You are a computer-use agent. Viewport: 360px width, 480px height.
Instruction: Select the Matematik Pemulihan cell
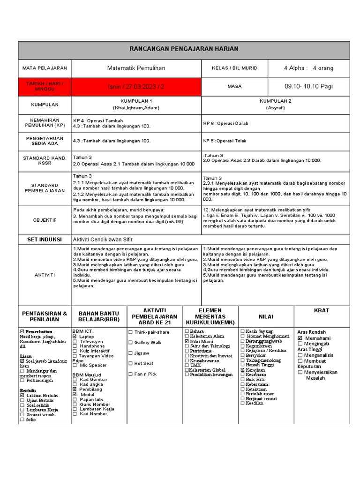pyautogui.click(x=136, y=68)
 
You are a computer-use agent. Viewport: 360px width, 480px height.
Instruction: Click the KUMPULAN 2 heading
pyautogui.click(x=276, y=101)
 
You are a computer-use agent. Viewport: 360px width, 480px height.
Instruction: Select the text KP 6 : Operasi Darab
pyautogui.click(x=225, y=123)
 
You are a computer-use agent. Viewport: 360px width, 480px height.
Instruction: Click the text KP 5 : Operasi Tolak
pyautogui.click(x=225, y=141)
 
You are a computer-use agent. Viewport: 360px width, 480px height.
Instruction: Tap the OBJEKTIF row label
pyautogui.click(x=45, y=219)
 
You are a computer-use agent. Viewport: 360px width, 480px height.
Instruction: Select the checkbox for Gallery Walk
pyautogui.click(x=130, y=342)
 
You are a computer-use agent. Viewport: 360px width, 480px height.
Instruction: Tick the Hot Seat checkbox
pyautogui.click(x=130, y=363)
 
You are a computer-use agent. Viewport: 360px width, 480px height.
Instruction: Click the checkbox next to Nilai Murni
pyautogui.click(x=187, y=342)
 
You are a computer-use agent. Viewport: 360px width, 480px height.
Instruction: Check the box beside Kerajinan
pyautogui.click(x=242, y=370)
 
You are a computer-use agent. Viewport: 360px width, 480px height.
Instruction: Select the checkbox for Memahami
pyautogui.click(x=300, y=338)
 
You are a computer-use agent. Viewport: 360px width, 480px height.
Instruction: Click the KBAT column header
pyautogui.click(x=322, y=311)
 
